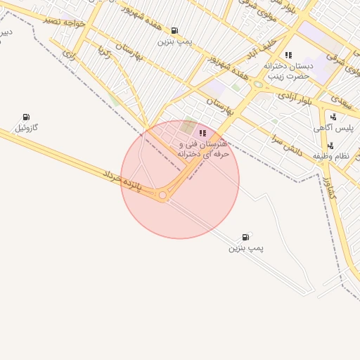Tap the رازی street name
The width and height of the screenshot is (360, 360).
click(69, 52)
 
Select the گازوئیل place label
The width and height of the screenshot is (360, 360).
click(27, 128)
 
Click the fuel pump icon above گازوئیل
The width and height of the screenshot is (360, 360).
click(26, 117)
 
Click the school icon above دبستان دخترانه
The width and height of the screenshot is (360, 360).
click(288, 55)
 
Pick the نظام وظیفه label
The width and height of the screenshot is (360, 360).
click(335, 157)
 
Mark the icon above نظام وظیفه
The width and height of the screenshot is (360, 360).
click(330, 146)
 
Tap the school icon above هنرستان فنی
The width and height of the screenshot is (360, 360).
click(202, 133)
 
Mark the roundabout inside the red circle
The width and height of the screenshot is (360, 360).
click(163, 195)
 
